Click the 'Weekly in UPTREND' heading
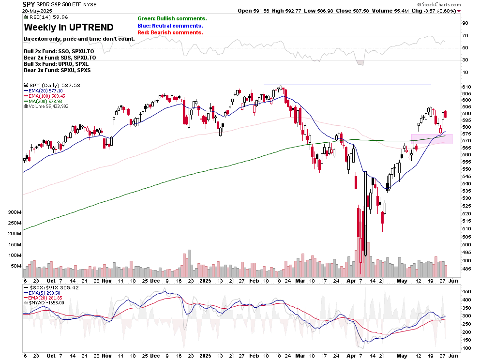click(x=69, y=27)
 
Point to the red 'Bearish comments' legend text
click(x=170, y=32)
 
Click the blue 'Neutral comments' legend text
click(x=170, y=26)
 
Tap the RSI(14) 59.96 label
click(x=43, y=18)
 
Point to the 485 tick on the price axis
click(x=466, y=269)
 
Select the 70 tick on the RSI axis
click(x=465, y=35)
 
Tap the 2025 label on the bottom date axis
click(x=206, y=281)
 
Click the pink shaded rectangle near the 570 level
click(x=432, y=139)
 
